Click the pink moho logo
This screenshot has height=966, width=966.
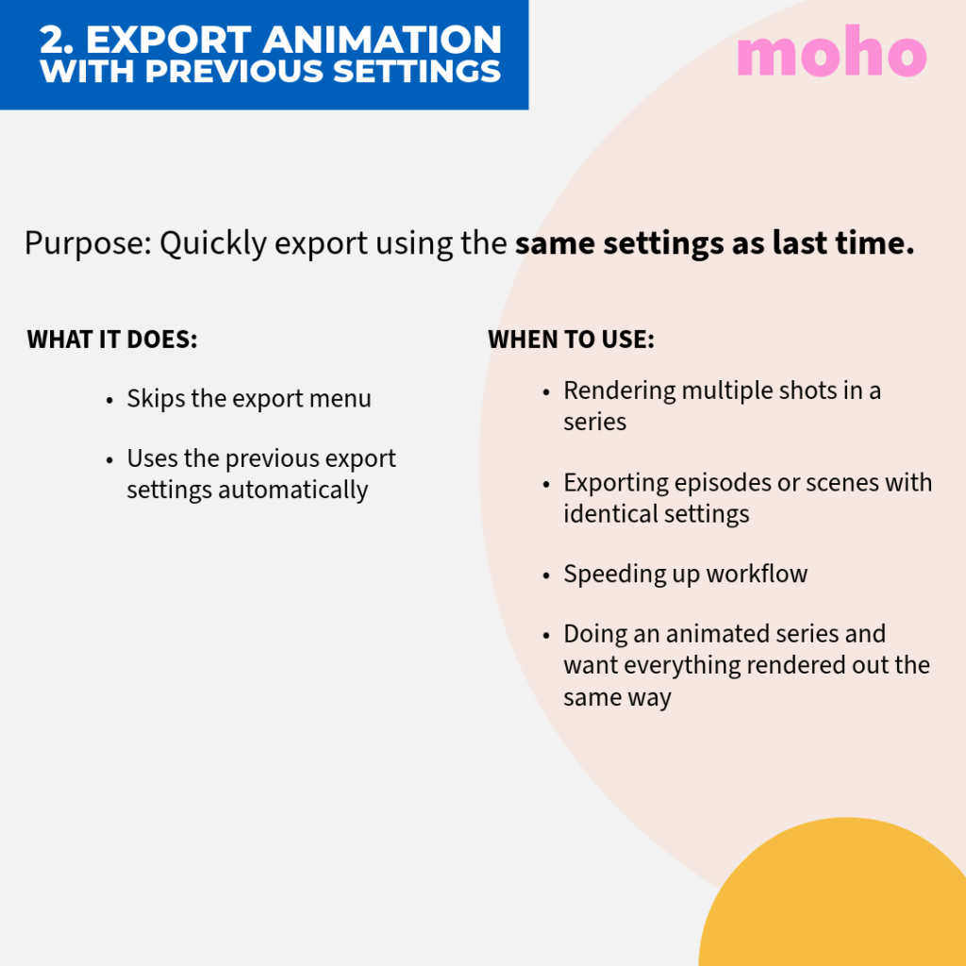point(831,51)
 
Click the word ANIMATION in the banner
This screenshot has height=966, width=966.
point(383,40)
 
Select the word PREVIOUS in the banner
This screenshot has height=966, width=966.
point(234,71)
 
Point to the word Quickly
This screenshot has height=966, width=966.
point(213,242)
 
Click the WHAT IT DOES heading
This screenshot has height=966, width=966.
point(112,340)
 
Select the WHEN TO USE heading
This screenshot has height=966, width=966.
point(571,340)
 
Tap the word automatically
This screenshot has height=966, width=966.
point(292,491)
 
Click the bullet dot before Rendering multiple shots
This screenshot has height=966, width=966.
point(546,391)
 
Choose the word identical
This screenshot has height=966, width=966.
point(601,514)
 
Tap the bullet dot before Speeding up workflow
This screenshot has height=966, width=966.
point(546,575)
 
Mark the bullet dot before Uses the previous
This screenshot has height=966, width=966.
point(109,460)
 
